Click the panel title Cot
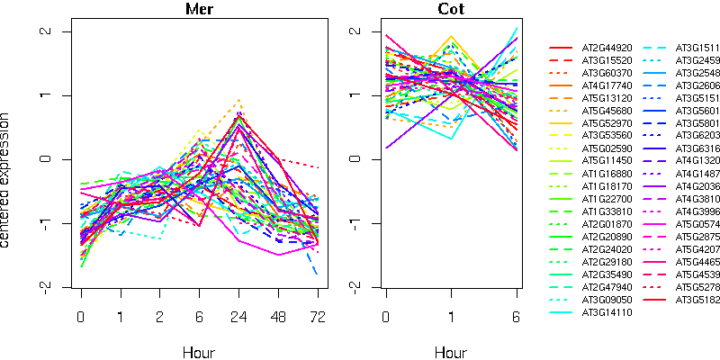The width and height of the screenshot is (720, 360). coord(452,10)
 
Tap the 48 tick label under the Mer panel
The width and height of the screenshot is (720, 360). coord(278,317)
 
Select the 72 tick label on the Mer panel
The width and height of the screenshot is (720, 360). coord(317,317)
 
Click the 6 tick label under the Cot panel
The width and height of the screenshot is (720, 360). coord(517,317)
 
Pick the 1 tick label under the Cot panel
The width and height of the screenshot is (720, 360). coord(452,317)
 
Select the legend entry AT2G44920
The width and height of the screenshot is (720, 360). coord(607,48)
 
